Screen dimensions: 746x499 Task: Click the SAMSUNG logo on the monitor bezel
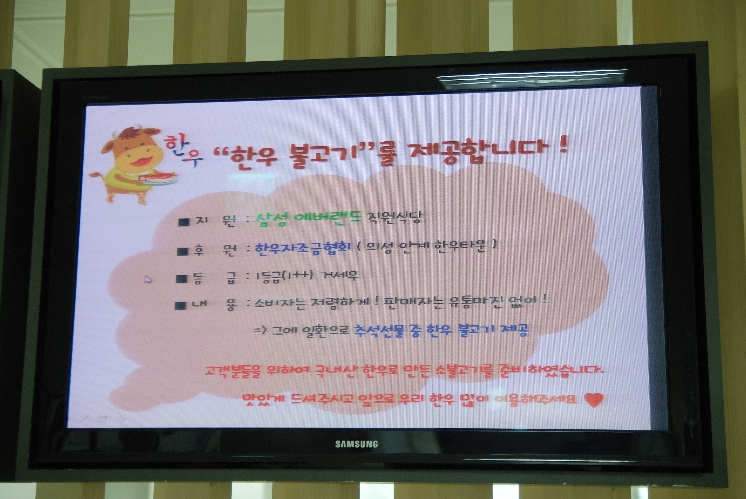click(x=356, y=444)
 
